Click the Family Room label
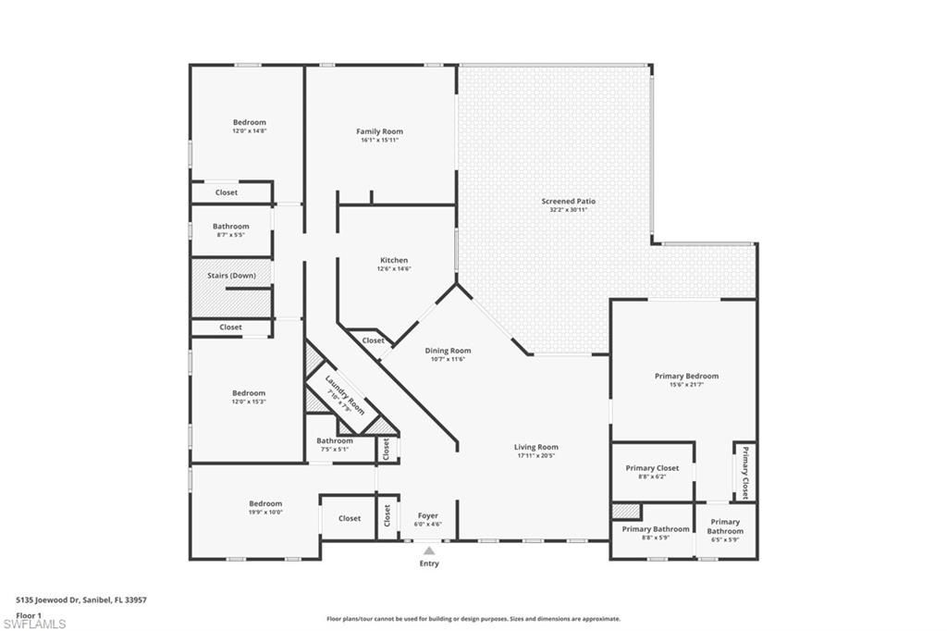(x=379, y=131)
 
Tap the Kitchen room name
(x=394, y=260)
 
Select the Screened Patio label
(x=569, y=201)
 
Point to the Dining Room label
(x=448, y=351)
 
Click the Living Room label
(x=536, y=447)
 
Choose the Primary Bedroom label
(x=686, y=376)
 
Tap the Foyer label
(x=427, y=515)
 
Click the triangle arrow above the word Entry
(x=429, y=551)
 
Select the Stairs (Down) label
(x=231, y=276)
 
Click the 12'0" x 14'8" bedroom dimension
(x=249, y=131)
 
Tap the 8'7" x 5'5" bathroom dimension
(x=230, y=235)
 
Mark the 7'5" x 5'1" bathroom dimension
(x=334, y=450)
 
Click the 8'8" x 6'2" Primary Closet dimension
(x=652, y=476)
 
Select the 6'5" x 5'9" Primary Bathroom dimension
(x=725, y=539)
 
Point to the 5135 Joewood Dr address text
(x=81, y=599)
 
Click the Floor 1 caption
(x=30, y=614)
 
